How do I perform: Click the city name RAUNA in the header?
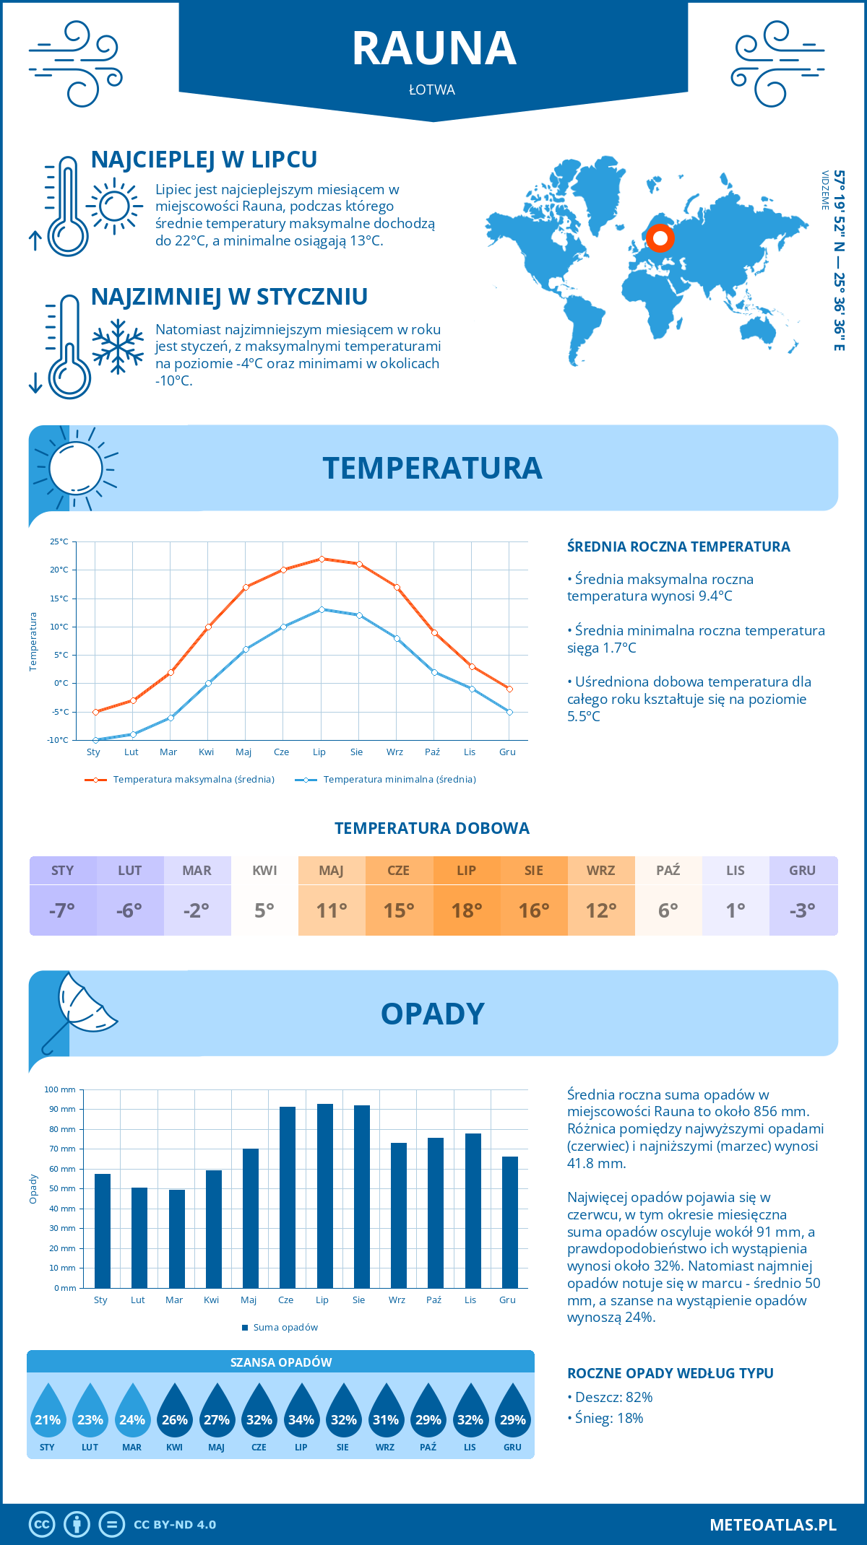coord(433,48)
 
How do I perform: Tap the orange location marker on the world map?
coord(660,238)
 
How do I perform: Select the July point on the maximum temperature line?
coord(322,559)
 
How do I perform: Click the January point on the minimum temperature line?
coord(95,740)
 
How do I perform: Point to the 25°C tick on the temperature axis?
coord(59,541)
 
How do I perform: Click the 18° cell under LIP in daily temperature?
coord(466,910)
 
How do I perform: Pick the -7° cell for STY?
coord(62,910)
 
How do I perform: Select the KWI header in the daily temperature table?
coord(264,871)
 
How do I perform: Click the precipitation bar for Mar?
coord(177,1239)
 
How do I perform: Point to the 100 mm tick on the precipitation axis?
coord(60,1089)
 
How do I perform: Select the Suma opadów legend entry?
coord(285,1328)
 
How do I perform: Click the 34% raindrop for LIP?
coord(301,1414)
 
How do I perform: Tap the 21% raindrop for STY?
coord(48,1414)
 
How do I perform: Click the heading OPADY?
coord(432,1014)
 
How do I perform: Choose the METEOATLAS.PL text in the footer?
coord(772,1525)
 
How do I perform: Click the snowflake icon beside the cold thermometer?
coord(118,347)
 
